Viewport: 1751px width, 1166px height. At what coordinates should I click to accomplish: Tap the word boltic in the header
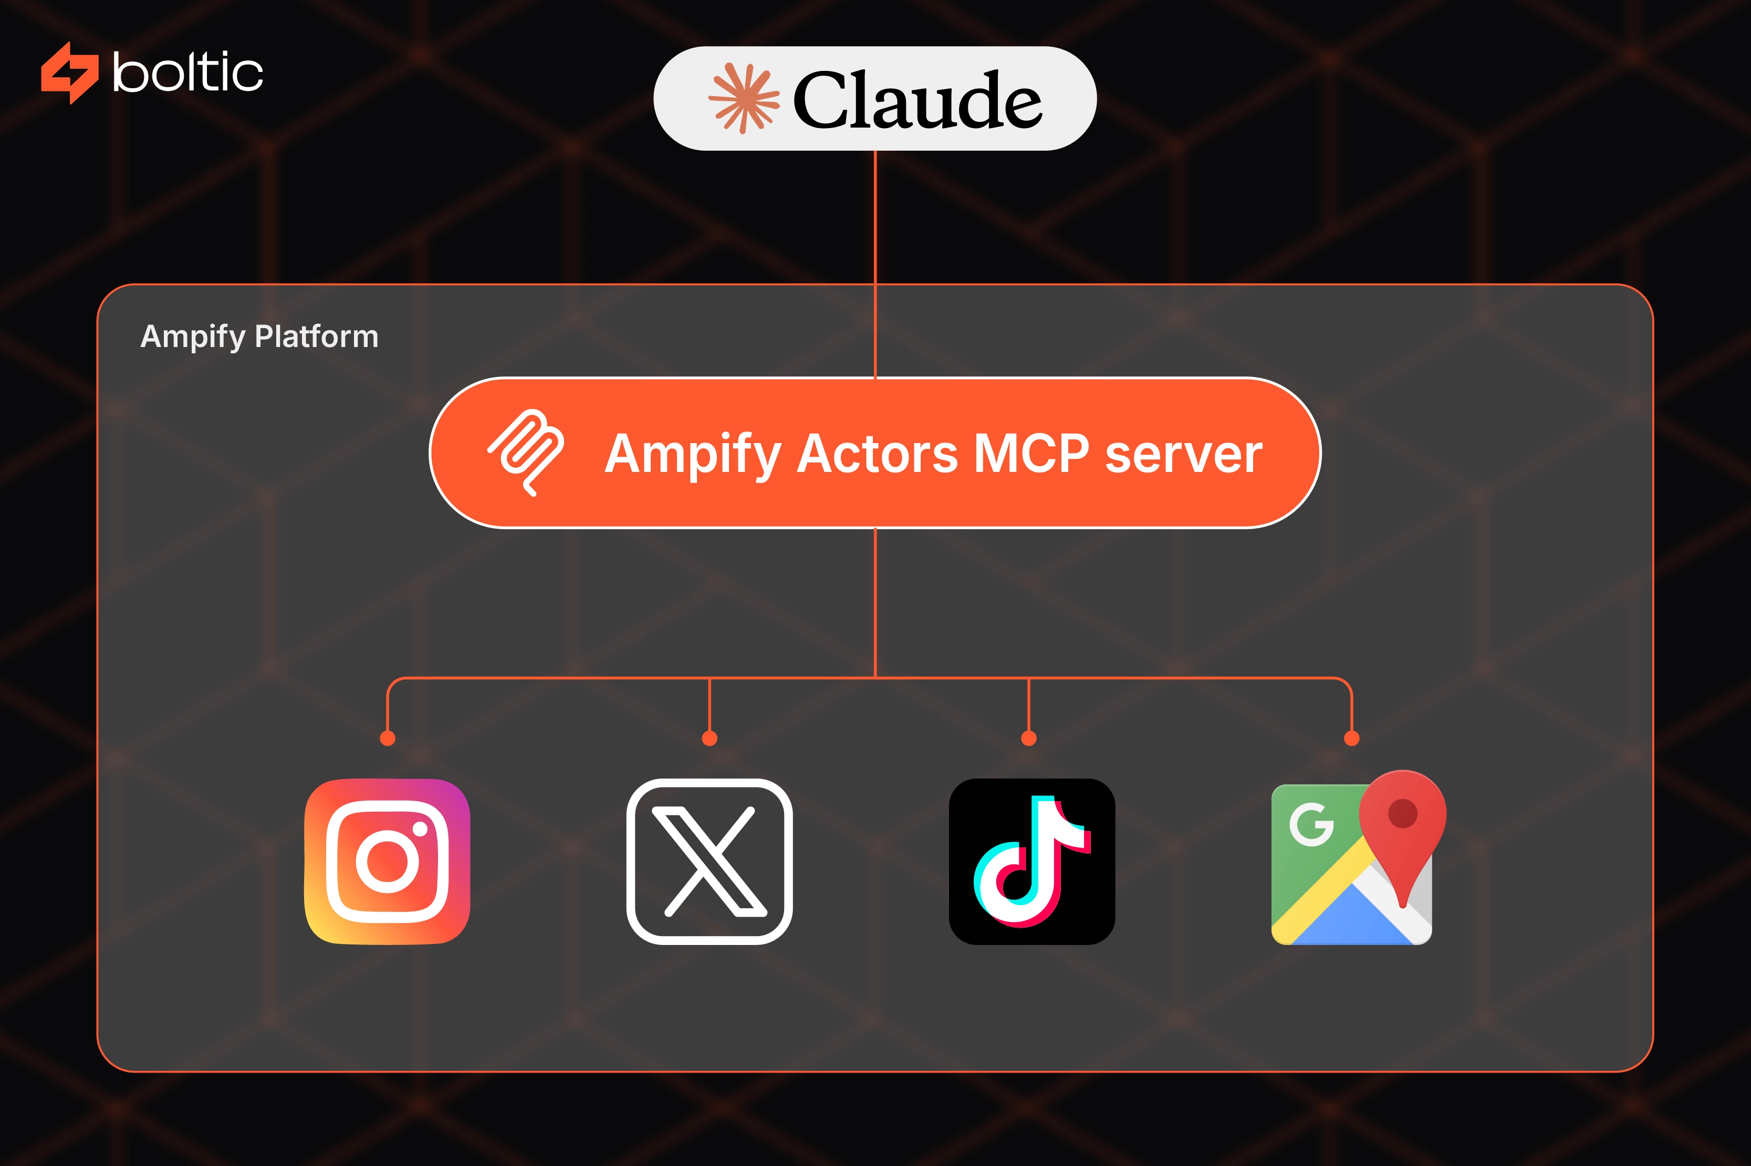coord(187,73)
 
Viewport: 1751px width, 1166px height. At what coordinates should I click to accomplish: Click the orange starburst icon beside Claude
coord(744,98)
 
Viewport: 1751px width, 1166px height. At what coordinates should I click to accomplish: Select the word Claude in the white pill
coord(917,100)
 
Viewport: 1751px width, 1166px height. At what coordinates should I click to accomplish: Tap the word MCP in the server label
coord(1031,454)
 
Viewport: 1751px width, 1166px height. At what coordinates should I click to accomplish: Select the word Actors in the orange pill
coord(877,454)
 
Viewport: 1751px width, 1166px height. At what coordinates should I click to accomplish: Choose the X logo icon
coord(710,861)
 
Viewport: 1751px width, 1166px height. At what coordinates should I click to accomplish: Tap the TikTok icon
coord(1031,861)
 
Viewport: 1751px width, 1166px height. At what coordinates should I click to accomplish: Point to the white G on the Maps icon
coord(1311,824)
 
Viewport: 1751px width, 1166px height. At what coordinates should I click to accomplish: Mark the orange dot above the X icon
coord(710,738)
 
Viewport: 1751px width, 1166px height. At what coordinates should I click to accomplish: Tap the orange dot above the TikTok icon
coord(1029,738)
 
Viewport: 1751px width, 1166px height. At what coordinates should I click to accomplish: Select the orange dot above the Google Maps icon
coord(1351,738)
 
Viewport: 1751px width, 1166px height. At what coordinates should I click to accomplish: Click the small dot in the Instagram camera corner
coord(420,828)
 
